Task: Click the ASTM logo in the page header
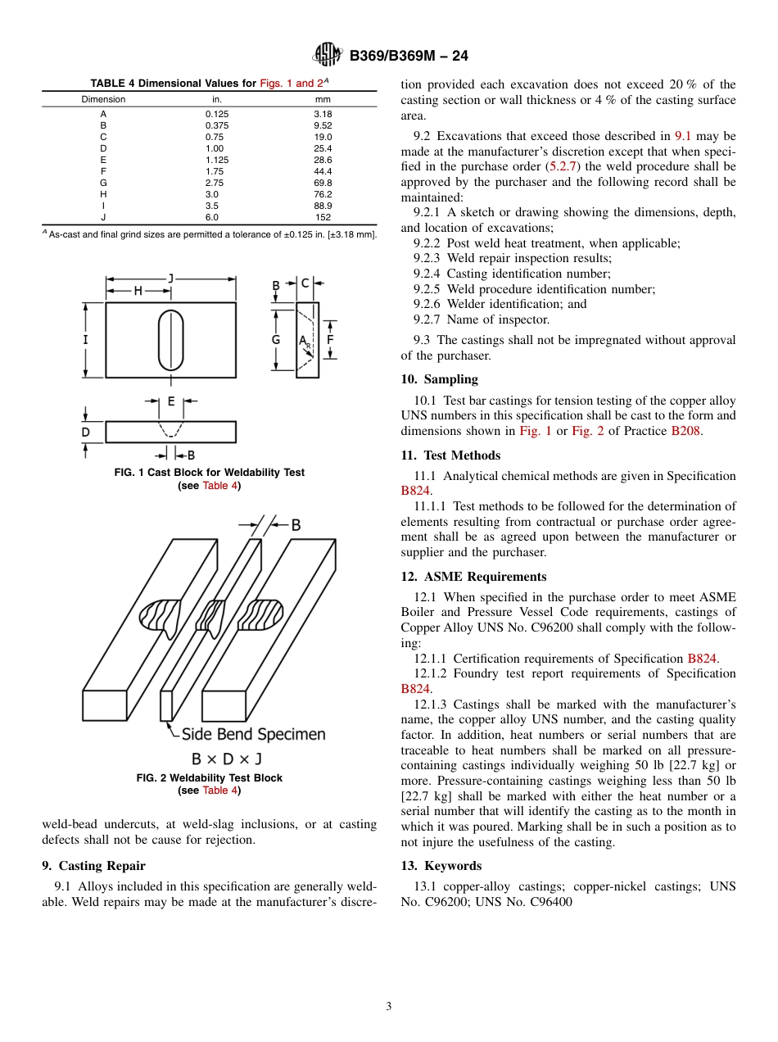[328, 55]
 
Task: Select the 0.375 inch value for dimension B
[217, 125]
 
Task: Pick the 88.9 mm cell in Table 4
[323, 206]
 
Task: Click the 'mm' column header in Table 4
[323, 99]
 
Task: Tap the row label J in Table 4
[103, 217]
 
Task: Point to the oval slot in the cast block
[171, 340]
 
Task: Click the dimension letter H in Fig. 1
[138, 291]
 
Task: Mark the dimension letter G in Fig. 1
[276, 339]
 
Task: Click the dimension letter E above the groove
[171, 401]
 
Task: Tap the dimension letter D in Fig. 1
[86, 432]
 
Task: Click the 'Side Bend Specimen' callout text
[253, 734]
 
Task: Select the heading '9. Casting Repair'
[93, 866]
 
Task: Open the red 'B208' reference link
[685, 431]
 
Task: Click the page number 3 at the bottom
[389, 1007]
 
